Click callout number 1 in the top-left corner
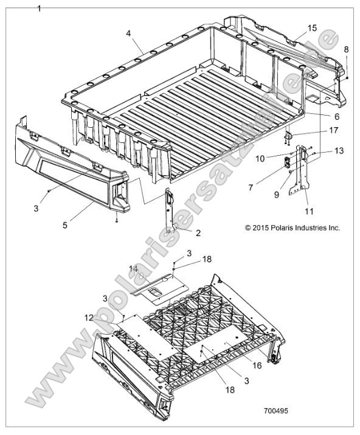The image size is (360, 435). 40,8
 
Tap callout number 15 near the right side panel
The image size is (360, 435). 312,28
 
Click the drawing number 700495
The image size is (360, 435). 275,411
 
